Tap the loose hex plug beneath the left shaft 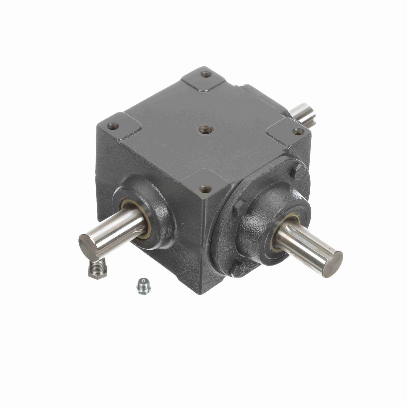[97, 268]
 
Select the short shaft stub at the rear [303, 114]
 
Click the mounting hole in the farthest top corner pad [206, 74]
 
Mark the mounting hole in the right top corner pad [297, 132]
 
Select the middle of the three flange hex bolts [240, 208]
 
